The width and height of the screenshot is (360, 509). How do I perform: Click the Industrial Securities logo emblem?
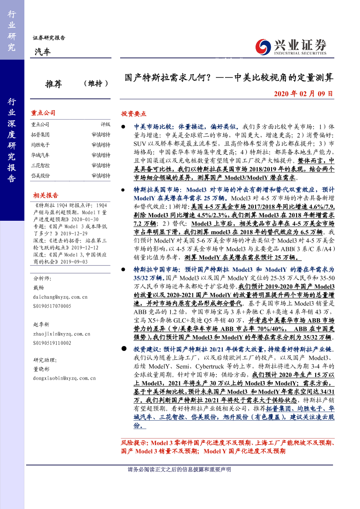tap(263, 46)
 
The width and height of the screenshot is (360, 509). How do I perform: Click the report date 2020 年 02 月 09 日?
tap(303, 94)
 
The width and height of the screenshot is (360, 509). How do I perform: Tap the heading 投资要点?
tap(134, 114)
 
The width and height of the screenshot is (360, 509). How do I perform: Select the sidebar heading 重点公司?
tap(43, 113)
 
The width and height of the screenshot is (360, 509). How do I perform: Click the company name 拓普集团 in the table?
tap(40, 135)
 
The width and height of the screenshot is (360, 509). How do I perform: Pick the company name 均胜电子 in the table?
tap(40, 145)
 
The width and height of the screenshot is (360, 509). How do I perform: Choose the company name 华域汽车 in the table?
tap(40, 155)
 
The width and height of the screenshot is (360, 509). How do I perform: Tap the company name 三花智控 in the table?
tap(40, 165)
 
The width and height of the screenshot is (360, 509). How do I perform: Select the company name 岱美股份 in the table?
tap(40, 175)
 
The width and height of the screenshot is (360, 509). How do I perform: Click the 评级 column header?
tap(105, 125)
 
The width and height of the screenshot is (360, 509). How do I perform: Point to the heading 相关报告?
tap(45, 196)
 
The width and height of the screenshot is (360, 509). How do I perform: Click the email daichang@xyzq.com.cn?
tap(61, 297)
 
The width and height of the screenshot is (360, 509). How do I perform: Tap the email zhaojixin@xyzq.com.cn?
tap(61, 334)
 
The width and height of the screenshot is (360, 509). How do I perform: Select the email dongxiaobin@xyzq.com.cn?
tap(64, 378)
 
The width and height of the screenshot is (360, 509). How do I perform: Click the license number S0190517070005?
tap(52, 306)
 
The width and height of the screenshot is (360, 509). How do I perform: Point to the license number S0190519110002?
tap(52, 343)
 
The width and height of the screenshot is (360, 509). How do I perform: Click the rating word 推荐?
tap(54, 84)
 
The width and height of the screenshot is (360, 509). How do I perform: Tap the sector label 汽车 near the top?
tap(42, 52)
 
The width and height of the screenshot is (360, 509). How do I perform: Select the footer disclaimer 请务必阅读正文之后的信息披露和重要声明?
tap(179, 469)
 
